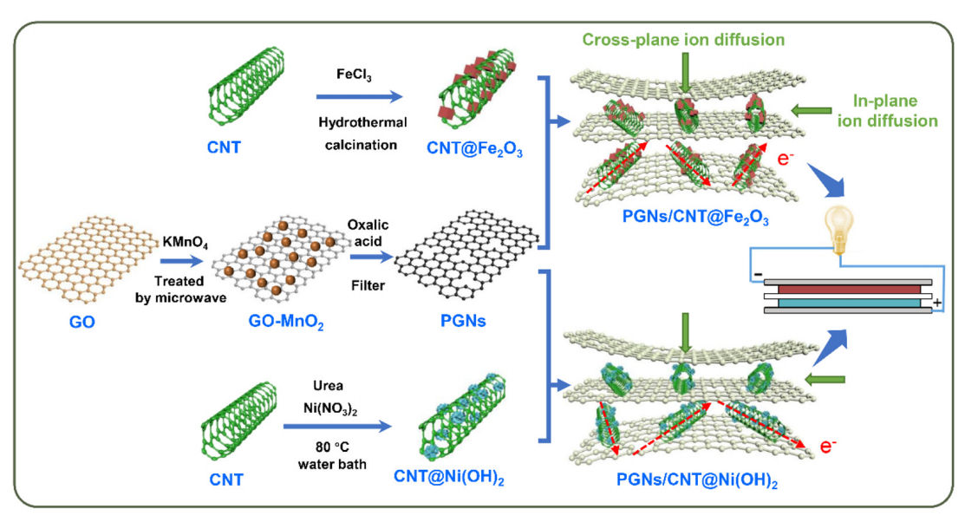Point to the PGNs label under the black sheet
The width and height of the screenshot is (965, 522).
[x=468, y=320]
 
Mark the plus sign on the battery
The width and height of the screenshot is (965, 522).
[x=937, y=303]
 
